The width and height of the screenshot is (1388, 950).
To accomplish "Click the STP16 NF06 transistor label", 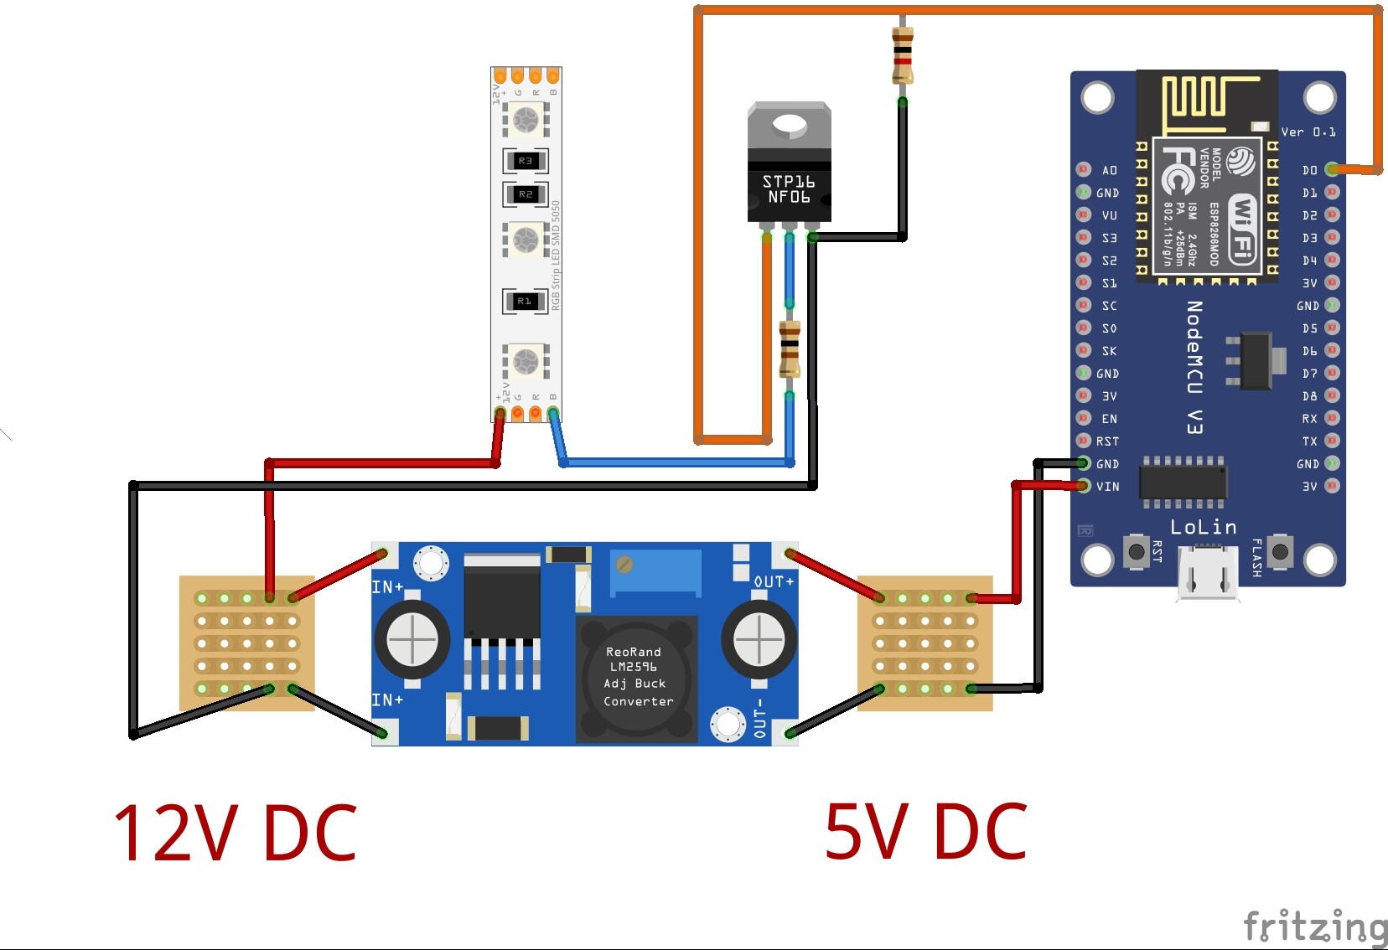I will (x=788, y=189).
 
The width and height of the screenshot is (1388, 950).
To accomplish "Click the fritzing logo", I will (x=1315, y=927).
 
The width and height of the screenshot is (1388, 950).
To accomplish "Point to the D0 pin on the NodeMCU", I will (x=1332, y=169).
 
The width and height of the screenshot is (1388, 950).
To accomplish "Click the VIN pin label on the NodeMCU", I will (x=1107, y=487).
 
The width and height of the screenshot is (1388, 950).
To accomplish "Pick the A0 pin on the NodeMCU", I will (x=1084, y=169).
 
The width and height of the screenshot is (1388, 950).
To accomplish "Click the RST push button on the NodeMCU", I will (x=1136, y=551).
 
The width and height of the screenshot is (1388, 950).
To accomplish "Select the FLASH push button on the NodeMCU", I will (x=1280, y=551).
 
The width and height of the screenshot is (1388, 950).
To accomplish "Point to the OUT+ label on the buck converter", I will (x=773, y=581).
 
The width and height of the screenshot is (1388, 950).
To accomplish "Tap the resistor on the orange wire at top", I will (x=902, y=55).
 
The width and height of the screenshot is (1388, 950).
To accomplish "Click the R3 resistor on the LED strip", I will (x=526, y=160).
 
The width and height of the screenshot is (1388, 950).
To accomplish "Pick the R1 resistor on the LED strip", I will (x=526, y=301).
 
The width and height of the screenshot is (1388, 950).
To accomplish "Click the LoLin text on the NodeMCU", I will (x=1203, y=527).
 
